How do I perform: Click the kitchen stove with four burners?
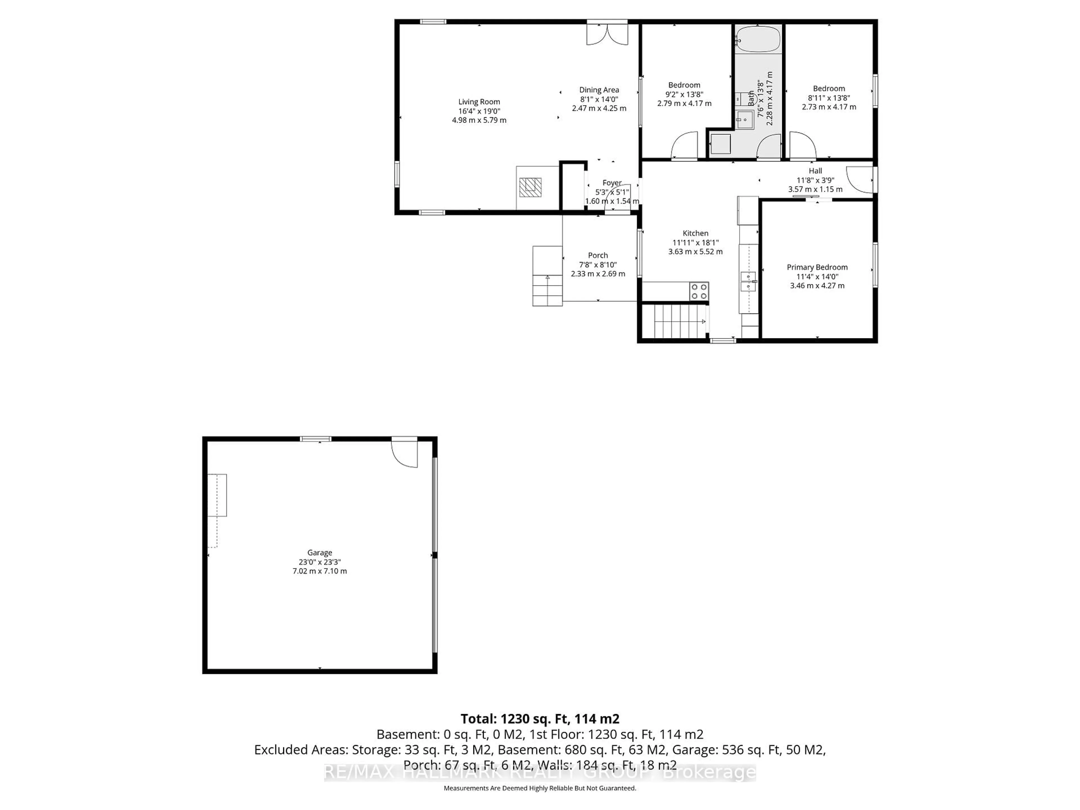699,291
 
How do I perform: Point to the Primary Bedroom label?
817,267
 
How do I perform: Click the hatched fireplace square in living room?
530,187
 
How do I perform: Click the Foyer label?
612,183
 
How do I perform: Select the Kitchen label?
695,233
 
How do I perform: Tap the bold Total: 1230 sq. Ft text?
539,719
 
